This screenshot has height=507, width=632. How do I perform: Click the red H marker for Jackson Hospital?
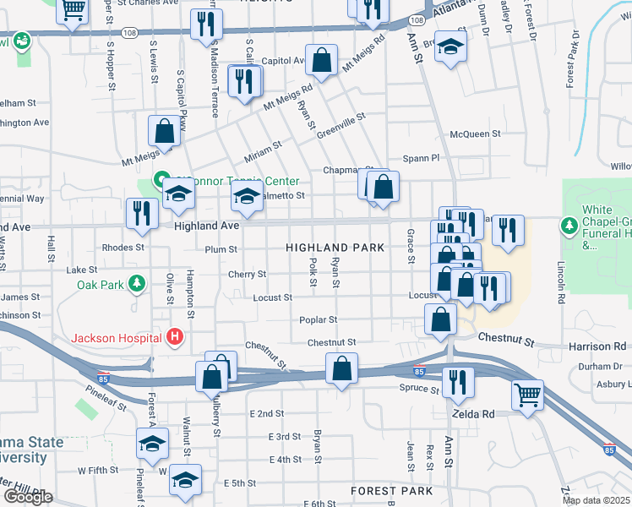[x=176, y=338]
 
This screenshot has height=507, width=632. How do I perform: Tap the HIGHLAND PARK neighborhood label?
[x=335, y=248]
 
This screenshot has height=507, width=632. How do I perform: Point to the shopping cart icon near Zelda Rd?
[x=527, y=393]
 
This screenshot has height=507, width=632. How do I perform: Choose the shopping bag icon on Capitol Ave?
[x=322, y=60]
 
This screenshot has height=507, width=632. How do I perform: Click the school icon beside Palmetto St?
[x=246, y=198]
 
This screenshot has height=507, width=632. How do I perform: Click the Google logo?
[x=28, y=497]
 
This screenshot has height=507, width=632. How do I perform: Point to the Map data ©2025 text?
[x=597, y=500]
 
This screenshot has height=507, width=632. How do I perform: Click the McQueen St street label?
[x=475, y=134]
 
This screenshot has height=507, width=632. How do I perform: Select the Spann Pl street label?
[x=422, y=157]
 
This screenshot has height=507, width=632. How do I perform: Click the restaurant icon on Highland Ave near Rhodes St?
[x=141, y=214]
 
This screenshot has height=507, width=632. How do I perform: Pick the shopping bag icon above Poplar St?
[x=440, y=319]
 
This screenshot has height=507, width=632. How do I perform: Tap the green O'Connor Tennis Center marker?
[x=158, y=181]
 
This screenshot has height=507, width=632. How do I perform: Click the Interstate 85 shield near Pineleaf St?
[x=103, y=373]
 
